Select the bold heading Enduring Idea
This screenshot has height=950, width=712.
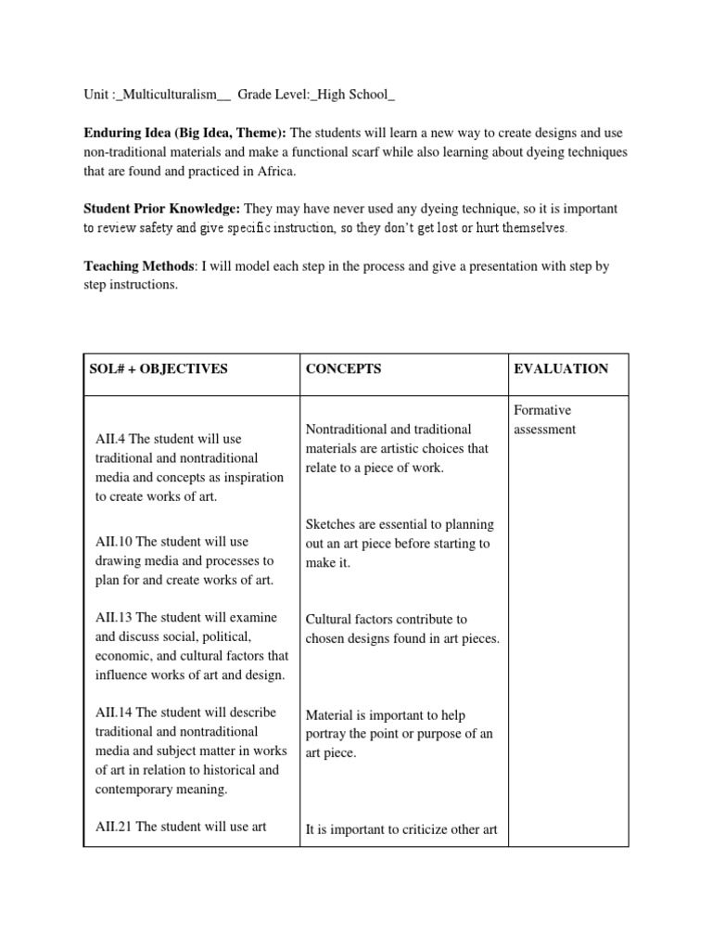(x=125, y=134)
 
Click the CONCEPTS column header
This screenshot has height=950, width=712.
(x=343, y=368)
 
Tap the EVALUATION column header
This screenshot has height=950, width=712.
(x=561, y=368)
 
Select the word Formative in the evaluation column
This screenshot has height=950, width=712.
(x=542, y=410)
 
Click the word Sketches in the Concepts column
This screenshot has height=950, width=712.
(x=332, y=525)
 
